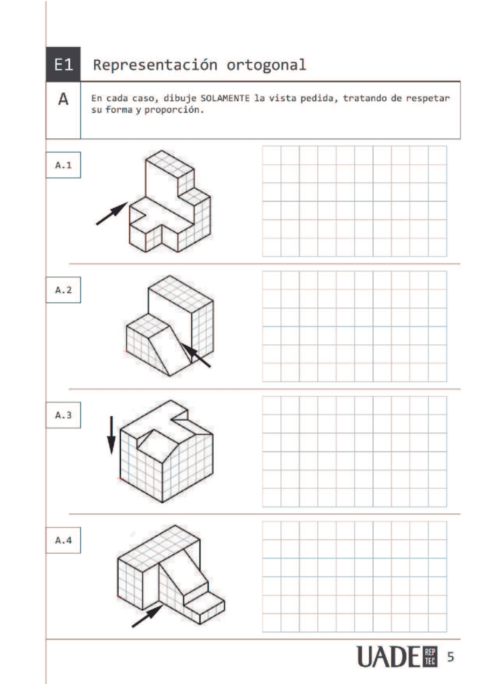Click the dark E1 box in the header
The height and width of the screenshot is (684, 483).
tap(63, 64)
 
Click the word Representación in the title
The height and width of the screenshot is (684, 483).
tap(155, 65)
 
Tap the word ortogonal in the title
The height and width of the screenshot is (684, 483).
tap(266, 65)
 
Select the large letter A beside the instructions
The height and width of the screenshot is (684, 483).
tap(63, 99)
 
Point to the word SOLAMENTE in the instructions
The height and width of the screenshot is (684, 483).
tap(225, 98)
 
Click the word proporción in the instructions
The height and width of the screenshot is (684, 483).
tap(174, 110)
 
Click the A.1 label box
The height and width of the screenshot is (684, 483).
tap(63, 165)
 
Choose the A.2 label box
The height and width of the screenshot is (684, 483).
tap(63, 290)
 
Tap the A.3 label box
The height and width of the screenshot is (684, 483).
tap(63, 415)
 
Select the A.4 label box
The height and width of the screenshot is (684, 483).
tap(63, 540)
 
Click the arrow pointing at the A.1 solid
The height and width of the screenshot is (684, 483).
tap(111, 213)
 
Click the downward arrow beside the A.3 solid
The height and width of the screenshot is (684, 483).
tap(111, 435)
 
